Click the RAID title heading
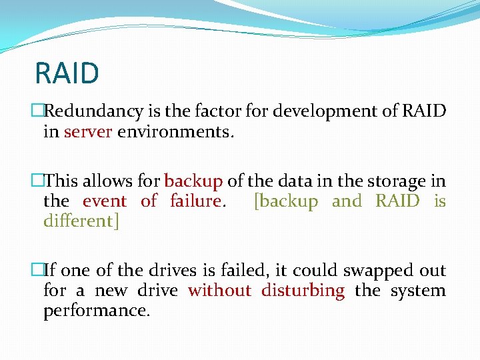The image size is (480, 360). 67,73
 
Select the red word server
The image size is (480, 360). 88,131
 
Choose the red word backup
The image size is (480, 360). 193,181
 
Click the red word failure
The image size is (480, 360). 195,201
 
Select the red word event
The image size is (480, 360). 105,201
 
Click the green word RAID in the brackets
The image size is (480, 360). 398,201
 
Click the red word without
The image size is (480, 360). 219,291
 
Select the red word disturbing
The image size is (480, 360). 303,291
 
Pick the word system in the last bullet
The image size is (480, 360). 418,291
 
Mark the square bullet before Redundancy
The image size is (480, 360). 37,111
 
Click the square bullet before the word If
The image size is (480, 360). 37,271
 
